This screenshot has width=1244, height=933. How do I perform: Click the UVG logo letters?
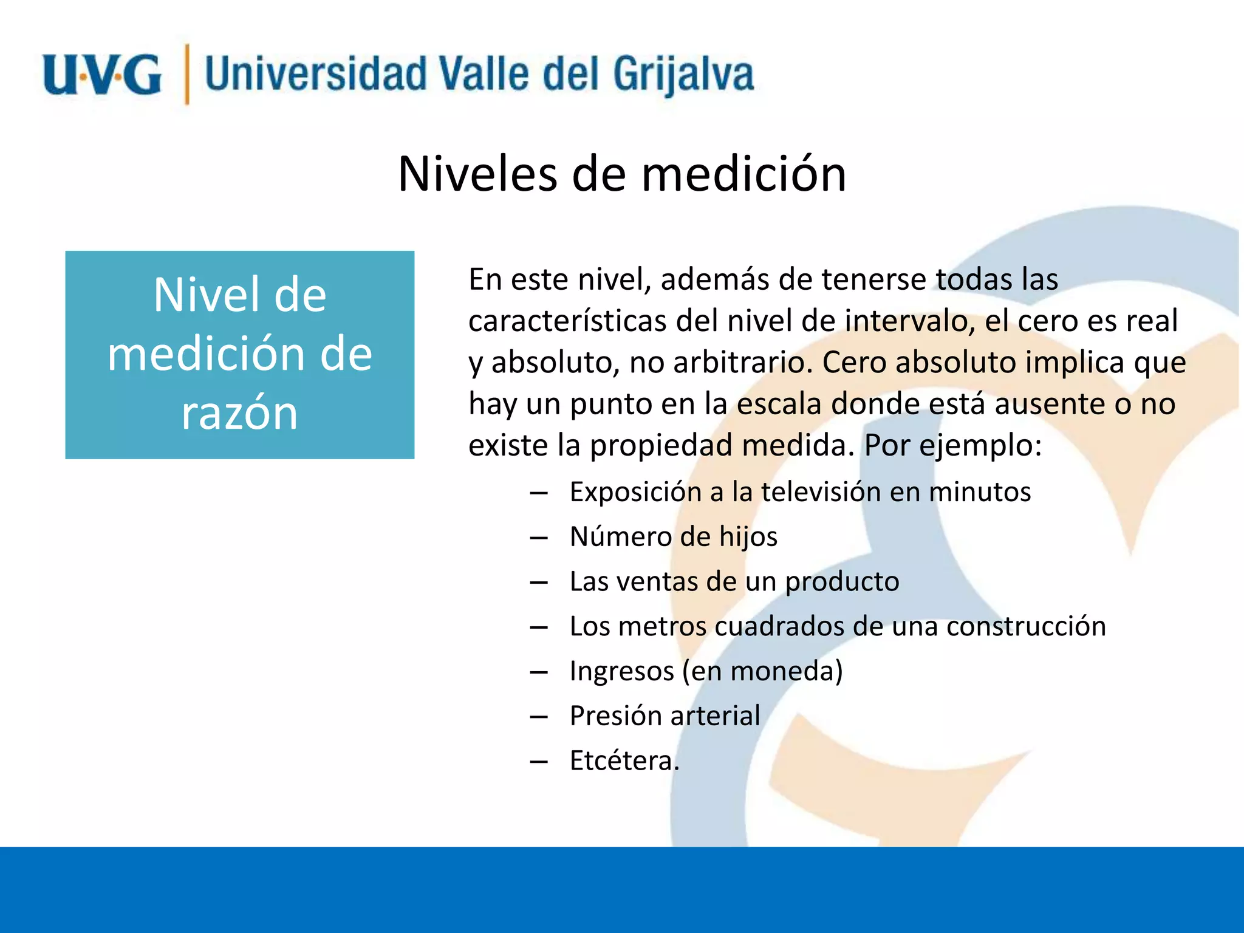(102, 75)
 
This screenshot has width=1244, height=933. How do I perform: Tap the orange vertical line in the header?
(187, 75)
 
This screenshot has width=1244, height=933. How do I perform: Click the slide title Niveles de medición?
(621, 174)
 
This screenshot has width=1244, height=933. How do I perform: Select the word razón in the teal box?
(239, 413)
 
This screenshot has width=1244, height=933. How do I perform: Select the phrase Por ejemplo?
(952, 445)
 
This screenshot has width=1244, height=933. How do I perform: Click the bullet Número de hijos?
(673, 537)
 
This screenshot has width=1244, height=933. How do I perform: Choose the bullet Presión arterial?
(665, 716)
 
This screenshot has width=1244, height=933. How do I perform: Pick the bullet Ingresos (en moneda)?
(706, 671)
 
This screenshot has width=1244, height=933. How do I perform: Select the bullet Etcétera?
(624, 760)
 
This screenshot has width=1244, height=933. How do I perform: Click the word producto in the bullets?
(842, 581)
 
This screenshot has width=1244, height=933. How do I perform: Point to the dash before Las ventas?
(538, 583)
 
